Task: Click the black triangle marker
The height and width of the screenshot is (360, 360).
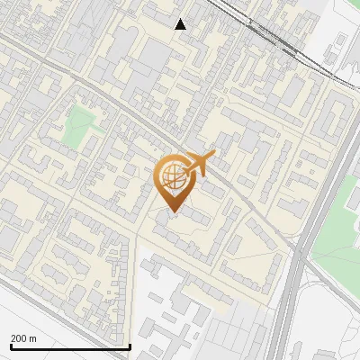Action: [x=181, y=24]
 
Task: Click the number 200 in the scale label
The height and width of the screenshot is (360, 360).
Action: [x=18, y=338]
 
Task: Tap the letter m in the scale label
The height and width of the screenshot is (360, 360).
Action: [x=32, y=338]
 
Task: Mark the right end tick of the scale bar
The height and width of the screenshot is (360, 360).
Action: [x=130, y=345]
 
